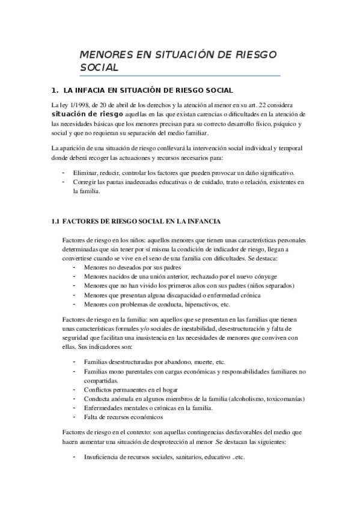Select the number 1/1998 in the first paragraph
click(75, 105)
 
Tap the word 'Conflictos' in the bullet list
click(99, 390)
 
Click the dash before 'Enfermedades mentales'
click(74, 408)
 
